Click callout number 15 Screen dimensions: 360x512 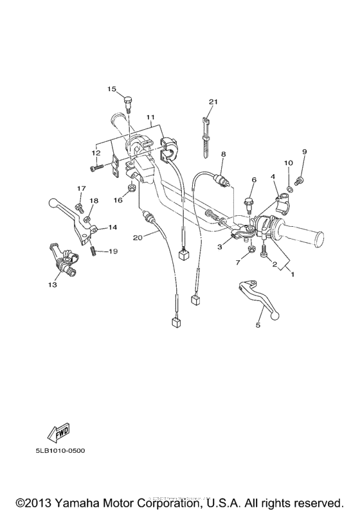coord(112,89)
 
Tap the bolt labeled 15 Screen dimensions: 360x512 coord(129,103)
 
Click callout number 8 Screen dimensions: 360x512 coord(223,154)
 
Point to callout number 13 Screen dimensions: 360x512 coord(53,285)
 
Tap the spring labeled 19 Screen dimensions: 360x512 coord(93,251)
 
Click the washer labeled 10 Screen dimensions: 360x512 coord(289,188)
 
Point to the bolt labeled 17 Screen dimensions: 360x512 coord(79,208)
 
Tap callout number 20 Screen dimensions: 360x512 coord(138,238)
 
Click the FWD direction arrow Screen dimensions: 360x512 coord(59,433)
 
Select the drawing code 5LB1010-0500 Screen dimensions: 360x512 coord(60,450)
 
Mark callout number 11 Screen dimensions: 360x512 coord(150,117)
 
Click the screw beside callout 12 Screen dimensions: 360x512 coord(96,168)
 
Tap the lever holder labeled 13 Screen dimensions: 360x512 coord(64,258)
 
